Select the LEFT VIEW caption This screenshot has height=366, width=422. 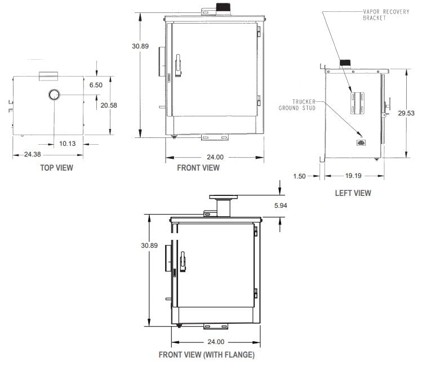pyautogui.click(x=353, y=193)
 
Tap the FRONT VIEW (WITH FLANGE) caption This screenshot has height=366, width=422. pyautogui.click(x=206, y=355)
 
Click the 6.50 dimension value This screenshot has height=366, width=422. pyautogui.click(x=96, y=85)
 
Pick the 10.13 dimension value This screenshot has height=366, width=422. pyautogui.click(x=68, y=143)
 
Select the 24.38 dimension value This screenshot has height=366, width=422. pyautogui.click(x=32, y=154)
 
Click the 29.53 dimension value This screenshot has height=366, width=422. pyautogui.click(x=406, y=113)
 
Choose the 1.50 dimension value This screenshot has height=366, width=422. pyautogui.click(x=299, y=176)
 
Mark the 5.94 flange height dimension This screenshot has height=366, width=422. pyautogui.click(x=280, y=206)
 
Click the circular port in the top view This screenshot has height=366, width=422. pyautogui.click(x=55, y=94)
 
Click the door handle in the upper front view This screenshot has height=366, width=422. pyautogui.click(x=178, y=65)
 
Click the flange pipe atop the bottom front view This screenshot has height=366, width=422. pyautogui.click(x=224, y=205)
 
